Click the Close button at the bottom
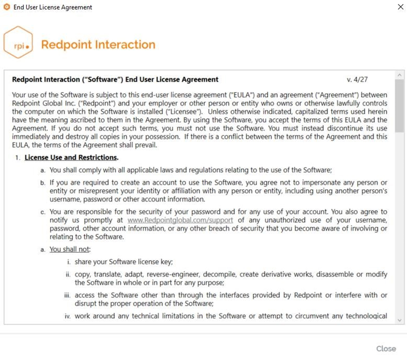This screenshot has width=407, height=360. pos(386,349)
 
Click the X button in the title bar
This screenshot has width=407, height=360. pos(400,7)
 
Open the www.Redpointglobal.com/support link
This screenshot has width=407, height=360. pos(180,220)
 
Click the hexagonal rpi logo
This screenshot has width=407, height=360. pos(18,43)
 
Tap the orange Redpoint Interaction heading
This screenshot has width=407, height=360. pos(98,44)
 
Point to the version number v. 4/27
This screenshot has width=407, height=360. pos(357,79)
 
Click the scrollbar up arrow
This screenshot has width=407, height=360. pos(400,75)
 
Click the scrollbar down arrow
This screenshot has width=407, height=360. pos(400,320)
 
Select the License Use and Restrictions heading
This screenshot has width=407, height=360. pos(71,158)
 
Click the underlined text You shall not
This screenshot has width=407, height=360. pos(70,249)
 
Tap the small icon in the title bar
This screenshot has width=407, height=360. pos(6,7)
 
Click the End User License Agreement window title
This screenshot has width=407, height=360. pos(53,7)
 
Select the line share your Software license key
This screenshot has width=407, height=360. pos(123,262)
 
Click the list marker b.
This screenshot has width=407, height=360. pos(43,183)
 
